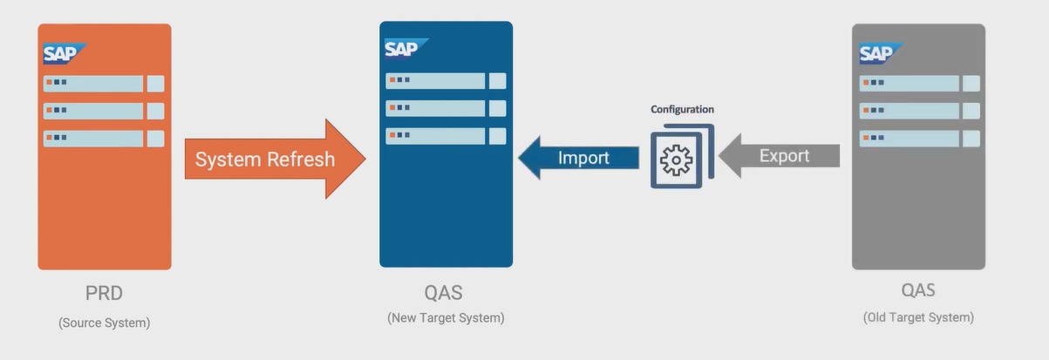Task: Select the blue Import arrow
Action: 579,158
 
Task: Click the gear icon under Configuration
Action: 677,160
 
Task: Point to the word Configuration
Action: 682,110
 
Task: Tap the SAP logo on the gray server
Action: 879,54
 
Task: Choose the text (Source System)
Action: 104,323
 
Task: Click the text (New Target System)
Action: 446,318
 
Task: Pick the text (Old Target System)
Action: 918,317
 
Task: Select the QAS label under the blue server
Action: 446,292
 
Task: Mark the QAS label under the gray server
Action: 918,290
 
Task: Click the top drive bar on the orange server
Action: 93,84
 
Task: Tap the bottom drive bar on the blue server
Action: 435,136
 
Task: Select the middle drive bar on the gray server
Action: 909,111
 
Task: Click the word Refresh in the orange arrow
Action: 301,160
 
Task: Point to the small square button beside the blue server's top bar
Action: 497,81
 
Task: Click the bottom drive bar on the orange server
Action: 93,139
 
